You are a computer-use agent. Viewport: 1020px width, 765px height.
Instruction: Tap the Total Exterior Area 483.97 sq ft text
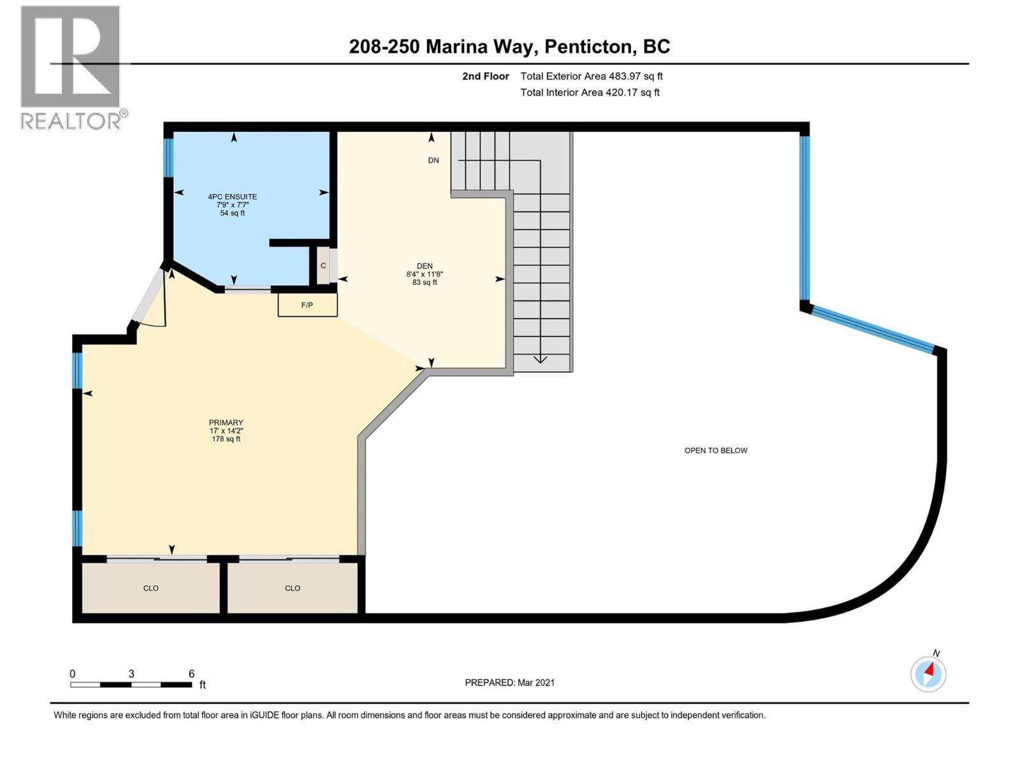coord(591,76)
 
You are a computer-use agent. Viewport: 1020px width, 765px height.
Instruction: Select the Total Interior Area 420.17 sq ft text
coord(590,92)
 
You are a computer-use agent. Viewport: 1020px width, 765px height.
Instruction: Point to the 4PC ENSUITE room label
coord(232,197)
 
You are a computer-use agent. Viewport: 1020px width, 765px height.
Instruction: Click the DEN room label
coord(425,266)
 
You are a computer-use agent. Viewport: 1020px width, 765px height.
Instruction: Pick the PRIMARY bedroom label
coord(226,423)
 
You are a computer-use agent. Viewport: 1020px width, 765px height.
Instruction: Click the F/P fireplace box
coord(307,305)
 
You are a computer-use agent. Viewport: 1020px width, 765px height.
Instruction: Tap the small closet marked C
coord(323,266)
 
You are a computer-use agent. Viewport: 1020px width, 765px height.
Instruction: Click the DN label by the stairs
coord(433,161)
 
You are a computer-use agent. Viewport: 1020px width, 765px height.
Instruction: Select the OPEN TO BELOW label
coord(715,451)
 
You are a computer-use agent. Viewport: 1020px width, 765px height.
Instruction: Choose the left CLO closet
coord(151,588)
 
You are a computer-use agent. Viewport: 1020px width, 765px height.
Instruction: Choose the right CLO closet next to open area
coord(293,588)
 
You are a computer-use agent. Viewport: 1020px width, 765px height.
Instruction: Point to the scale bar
coord(131,685)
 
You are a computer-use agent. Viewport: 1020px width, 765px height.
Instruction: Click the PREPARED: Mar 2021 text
coord(509,683)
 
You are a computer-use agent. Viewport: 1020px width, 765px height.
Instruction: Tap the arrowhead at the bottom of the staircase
coord(540,359)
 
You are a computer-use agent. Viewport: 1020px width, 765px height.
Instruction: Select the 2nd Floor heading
coord(485,76)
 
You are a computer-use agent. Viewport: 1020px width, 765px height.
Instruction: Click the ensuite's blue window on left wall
coord(168,158)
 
